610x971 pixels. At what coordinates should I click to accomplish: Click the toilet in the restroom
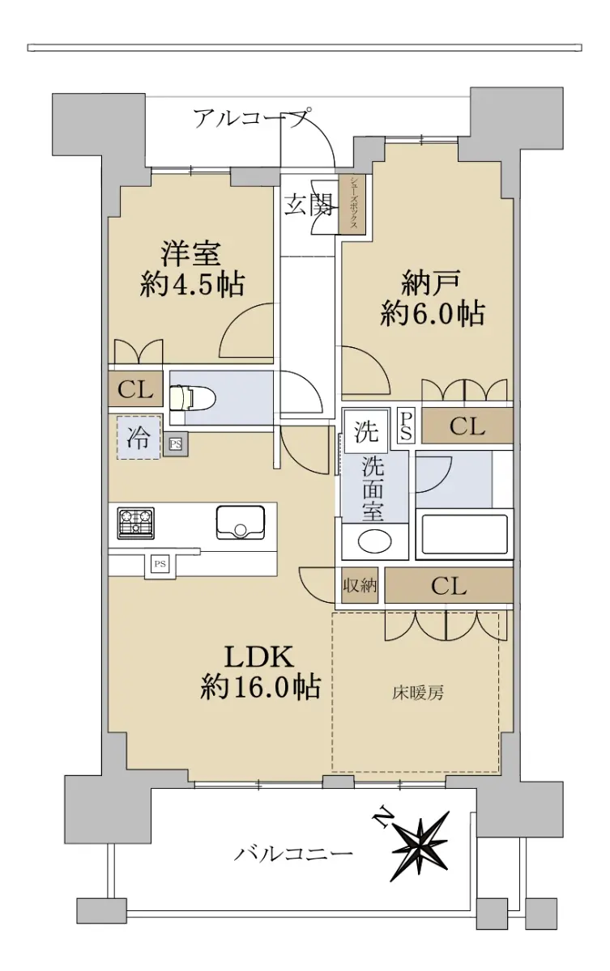(187, 397)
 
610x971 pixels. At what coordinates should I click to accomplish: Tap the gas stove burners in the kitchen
(135, 523)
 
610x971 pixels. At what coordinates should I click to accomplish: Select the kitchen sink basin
(241, 523)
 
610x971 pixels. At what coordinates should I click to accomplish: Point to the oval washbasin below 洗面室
(375, 541)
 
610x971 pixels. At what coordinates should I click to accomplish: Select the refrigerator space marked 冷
(139, 437)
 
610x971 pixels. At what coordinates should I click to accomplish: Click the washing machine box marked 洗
(366, 430)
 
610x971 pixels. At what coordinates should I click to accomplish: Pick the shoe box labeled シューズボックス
(352, 204)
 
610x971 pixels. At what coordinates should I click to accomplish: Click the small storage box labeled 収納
(359, 586)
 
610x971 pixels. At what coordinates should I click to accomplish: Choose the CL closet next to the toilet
(135, 389)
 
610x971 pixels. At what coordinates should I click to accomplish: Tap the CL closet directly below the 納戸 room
(467, 426)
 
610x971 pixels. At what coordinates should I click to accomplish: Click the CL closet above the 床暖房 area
(449, 586)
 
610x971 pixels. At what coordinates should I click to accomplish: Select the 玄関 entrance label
(308, 204)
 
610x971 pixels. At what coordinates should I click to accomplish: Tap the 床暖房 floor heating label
(418, 693)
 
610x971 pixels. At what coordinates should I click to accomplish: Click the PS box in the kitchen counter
(160, 564)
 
